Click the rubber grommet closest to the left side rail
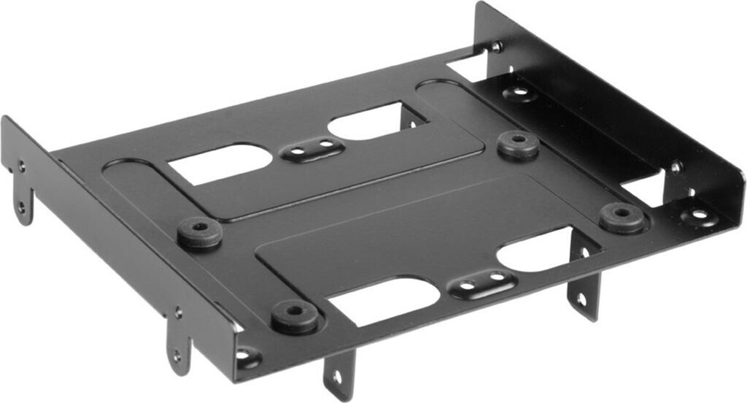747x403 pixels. (199, 232)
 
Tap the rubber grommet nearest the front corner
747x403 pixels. (294, 315)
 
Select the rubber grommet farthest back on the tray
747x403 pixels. (518, 144)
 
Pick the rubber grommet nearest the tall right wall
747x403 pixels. (622, 217)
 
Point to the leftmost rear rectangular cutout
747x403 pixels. (220, 162)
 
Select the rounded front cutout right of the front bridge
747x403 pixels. (536, 250)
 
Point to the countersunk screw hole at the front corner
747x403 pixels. (247, 357)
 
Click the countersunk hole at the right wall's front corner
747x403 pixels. (698, 215)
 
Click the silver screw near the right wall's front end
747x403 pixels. (676, 166)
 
